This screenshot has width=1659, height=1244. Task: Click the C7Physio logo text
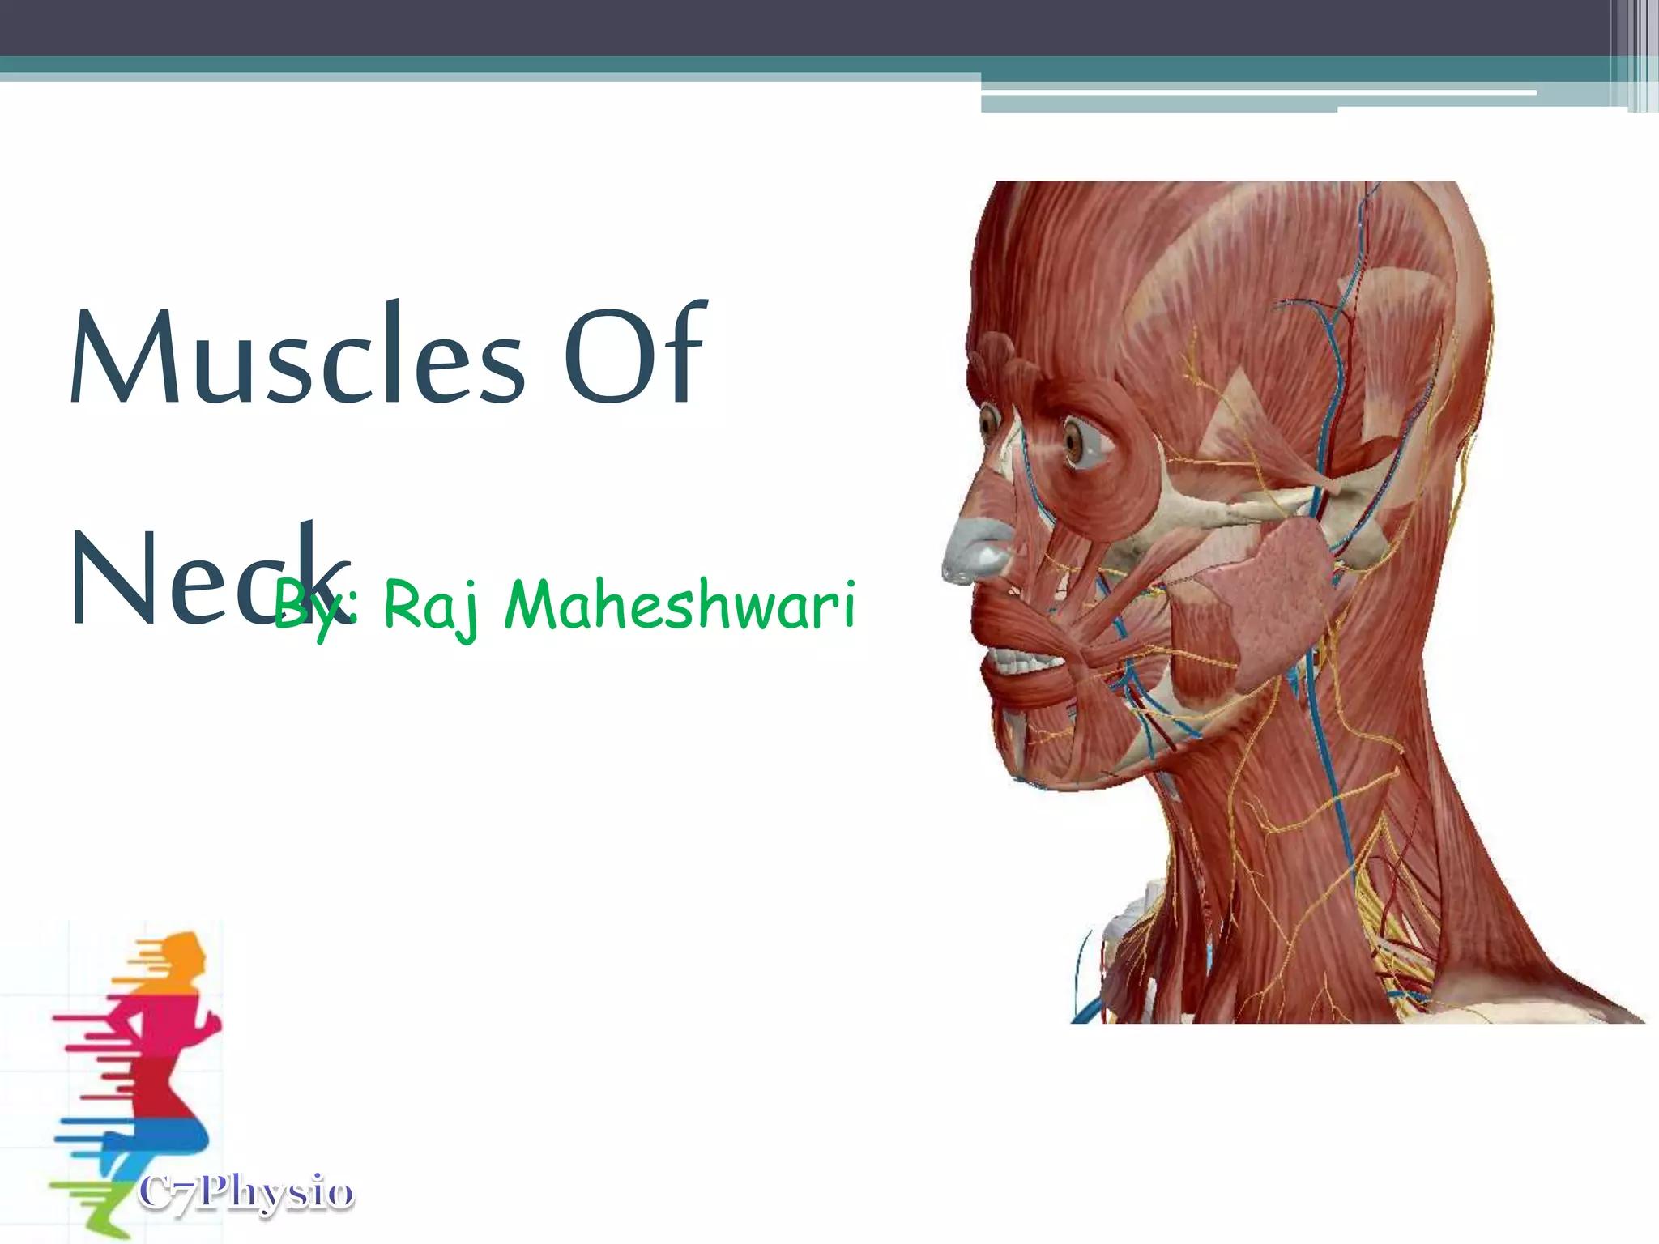point(246,1193)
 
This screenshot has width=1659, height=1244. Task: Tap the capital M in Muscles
point(117,356)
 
